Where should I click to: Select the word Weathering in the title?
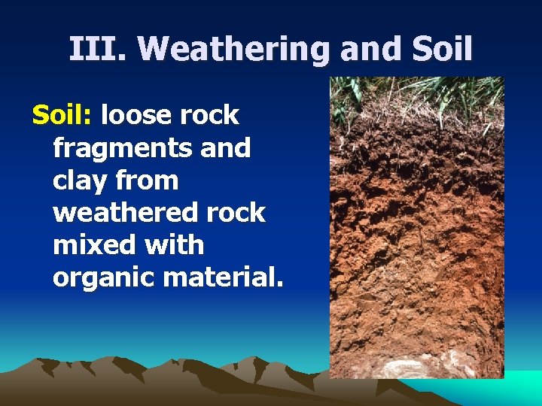click(234, 50)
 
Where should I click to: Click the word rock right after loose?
click(212, 116)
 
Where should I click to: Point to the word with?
click(172, 245)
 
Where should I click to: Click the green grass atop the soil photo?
click(418, 94)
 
